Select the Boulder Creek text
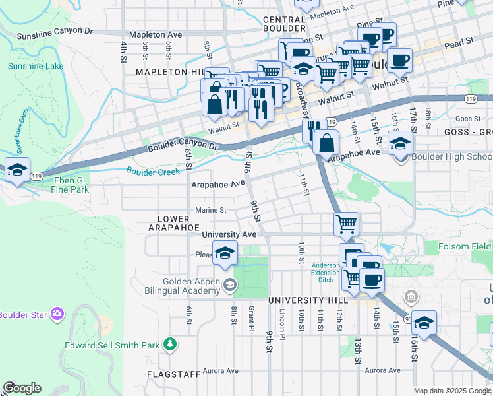coord(153,172)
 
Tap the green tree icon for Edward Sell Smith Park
coord(170,344)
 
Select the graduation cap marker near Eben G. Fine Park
coord(16,170)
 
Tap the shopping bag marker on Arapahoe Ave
coord(326,142)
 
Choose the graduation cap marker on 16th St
coord(424,322)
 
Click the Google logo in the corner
coord(22,388)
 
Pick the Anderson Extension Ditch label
coord(326,273)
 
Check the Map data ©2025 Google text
coord(452,391)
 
